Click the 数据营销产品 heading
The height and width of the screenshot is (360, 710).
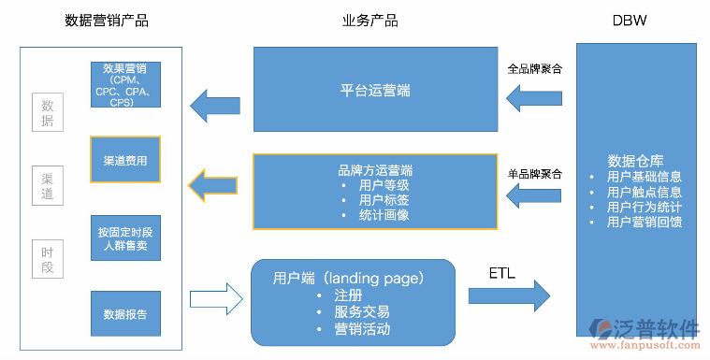pos(107,21)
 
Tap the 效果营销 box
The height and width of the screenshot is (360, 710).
pos(124,85)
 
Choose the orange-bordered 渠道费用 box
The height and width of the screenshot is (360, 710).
pos(124,161)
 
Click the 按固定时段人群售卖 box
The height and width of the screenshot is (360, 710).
pos(124,238)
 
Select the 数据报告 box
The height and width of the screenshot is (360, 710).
pos(124,314)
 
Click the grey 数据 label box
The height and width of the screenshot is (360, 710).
pos(48,112)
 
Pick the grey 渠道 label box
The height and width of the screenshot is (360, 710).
pos(48,185)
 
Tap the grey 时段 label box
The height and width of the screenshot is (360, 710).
pos(48,259)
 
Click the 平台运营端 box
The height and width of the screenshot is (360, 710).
pos(375,91)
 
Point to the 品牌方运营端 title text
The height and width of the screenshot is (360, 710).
pos(375,170)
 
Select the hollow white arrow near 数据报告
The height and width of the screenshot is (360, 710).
pos(215,300)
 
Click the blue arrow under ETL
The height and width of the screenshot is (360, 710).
pos(509,295)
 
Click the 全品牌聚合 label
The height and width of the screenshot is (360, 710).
pos(535,68)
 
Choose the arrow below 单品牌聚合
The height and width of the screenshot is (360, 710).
pos(534,194)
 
